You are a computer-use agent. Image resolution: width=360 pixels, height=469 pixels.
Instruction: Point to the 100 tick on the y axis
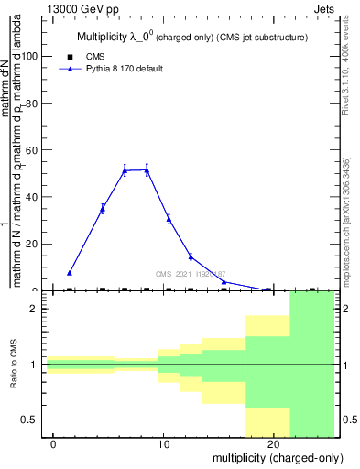(31, 56)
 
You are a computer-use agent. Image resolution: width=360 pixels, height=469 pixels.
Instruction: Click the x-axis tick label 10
(164, 445)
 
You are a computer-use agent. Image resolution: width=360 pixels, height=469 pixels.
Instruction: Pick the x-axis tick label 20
(273, 445)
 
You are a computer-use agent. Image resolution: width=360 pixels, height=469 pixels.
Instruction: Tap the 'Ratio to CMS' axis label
(14, 365)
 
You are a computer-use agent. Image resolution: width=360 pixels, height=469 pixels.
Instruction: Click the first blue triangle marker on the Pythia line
(70, 273)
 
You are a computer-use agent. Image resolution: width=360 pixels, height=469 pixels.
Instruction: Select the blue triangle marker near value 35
(103, 209)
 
